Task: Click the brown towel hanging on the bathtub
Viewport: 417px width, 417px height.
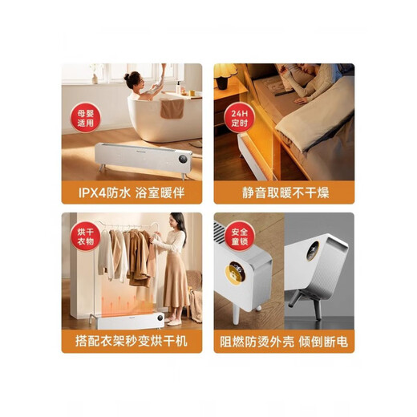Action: click(x=171, y=107)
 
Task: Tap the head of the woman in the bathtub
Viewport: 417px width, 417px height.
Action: click(x=132, y=79)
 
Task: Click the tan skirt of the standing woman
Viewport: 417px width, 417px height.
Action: click(x=176, y=290)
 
